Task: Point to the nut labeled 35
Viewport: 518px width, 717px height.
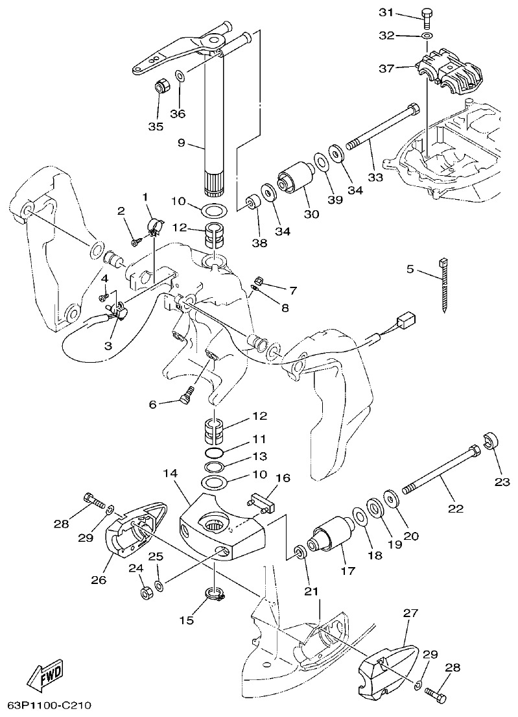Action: click(x=162, y=86)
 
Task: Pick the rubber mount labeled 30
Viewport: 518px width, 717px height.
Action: click(x=295, y=177)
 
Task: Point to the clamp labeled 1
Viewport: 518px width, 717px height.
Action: click(x=154, y=226)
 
